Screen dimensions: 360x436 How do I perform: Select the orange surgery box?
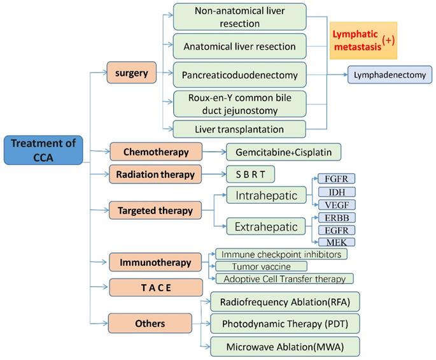(132, 73)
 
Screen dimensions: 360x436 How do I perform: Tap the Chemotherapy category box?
(156, 152)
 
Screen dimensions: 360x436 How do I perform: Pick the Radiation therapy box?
(156, 173)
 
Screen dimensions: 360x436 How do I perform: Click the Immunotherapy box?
(154, 262)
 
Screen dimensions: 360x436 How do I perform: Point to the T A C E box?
(147, 287)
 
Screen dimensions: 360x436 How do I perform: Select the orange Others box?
(150, 323)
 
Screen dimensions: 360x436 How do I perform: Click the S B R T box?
(255, 173)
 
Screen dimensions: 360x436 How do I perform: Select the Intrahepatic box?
(267, 196)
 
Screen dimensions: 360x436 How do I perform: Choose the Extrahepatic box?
(267, 226)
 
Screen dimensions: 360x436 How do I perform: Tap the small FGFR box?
(337, 179)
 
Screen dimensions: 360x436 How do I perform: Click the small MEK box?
(337, 242)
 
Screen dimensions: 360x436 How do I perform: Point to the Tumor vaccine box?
(262, 266)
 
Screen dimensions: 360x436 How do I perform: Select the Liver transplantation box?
(239, 129)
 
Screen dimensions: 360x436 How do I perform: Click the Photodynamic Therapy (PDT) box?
(285, 323)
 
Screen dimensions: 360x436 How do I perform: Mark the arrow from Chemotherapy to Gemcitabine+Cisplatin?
(214, 152)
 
